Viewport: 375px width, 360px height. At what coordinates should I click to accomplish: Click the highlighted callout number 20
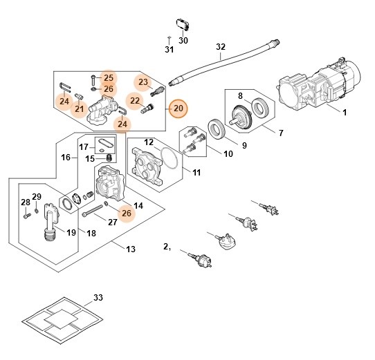(x=178, y=108)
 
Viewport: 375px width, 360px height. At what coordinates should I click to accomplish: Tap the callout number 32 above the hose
(x=221, y=47)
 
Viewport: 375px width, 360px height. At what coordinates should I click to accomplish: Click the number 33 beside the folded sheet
(x=98, y=299)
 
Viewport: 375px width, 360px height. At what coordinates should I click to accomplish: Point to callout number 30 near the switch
(x=183, y=40)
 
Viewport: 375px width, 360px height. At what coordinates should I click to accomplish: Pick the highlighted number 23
(x=143, y=82)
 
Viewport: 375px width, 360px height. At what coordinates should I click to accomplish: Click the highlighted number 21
(x=79, y=109)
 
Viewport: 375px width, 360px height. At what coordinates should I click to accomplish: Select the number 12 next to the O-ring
(x=147, y=142)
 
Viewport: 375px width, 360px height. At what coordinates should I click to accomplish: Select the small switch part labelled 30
(x=183, y=23)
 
